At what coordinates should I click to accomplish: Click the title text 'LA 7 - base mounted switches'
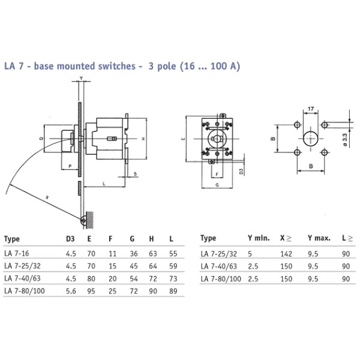(x=69, y=65)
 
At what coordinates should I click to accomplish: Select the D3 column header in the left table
(x=70, y=238)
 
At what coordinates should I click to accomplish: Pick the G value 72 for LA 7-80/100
(x=134, y=290)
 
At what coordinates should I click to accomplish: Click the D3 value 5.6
(x=70, y=290)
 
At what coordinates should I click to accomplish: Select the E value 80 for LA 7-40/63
(x=92, y=278)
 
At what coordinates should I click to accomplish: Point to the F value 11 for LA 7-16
(x=113, y=254)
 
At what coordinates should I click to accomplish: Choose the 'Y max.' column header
(x=319, y=238)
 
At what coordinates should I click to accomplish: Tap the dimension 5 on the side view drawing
(x=136, y=174)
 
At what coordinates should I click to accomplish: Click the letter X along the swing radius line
(x=47, y=196)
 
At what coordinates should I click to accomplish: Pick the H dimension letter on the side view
(x=145, y=139)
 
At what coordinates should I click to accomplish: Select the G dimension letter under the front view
(x=215, y=186)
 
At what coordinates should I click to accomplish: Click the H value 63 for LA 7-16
(x=154, y=254)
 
